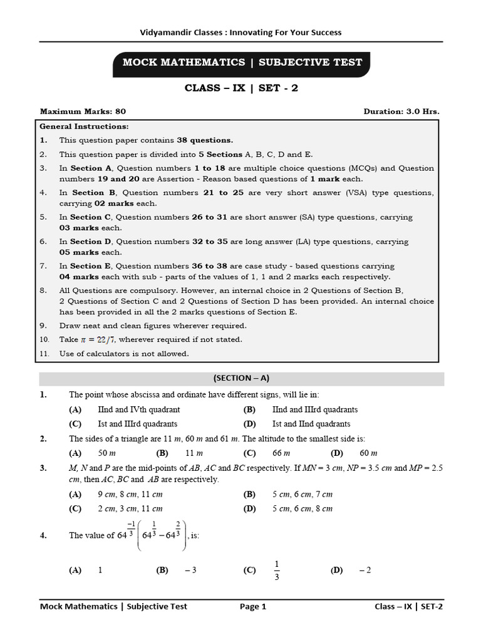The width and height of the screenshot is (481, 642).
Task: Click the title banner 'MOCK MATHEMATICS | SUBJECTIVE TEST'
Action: pos(242,62)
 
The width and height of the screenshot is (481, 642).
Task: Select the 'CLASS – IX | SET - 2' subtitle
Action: pos(241,88)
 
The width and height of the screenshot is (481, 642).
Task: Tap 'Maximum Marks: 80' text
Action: pos(83,112)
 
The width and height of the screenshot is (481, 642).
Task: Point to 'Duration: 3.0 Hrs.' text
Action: pos(401,112)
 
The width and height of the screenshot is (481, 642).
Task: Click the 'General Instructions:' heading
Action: pos(84,126)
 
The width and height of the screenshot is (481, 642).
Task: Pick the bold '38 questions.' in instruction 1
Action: pos(205,140)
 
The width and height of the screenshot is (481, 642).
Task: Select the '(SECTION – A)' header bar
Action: pos(241,378)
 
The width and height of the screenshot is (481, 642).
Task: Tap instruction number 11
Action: pos(44,354)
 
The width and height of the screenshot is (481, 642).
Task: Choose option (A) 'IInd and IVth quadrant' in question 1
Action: pos(139,409)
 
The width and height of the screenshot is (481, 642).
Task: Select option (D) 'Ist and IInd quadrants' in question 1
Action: pos(311,424)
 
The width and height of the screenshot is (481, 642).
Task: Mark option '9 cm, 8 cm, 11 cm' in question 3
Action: pos(130,494)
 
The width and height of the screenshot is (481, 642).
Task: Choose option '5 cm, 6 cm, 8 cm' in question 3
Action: pos(303,508)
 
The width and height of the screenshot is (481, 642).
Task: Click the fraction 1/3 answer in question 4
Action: pos(277,570)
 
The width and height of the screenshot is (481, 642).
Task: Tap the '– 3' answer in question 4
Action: pos(190,570)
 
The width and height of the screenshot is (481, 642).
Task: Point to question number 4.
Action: pos(43,535)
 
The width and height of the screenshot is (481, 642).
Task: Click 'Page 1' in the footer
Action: pos(253,606)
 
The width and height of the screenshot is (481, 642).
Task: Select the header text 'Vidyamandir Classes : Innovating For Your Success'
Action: pos(240,32)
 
